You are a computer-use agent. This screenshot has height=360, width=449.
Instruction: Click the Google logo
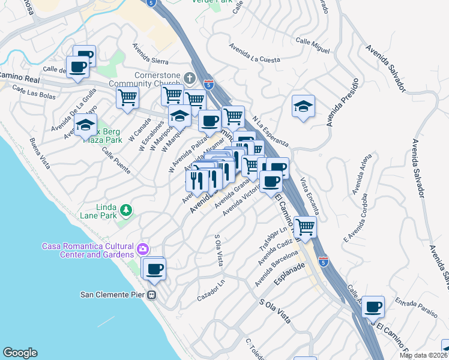20,353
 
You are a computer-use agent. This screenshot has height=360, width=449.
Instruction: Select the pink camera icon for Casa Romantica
143,248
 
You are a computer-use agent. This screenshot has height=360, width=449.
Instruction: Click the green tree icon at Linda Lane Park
125,209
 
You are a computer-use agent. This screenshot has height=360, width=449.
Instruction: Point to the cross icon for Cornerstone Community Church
190,78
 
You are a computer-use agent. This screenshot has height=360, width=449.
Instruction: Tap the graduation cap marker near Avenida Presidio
303,106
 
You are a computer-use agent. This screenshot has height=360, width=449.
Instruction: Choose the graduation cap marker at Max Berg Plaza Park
86,125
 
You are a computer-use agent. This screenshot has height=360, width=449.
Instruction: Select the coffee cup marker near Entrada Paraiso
373,306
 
